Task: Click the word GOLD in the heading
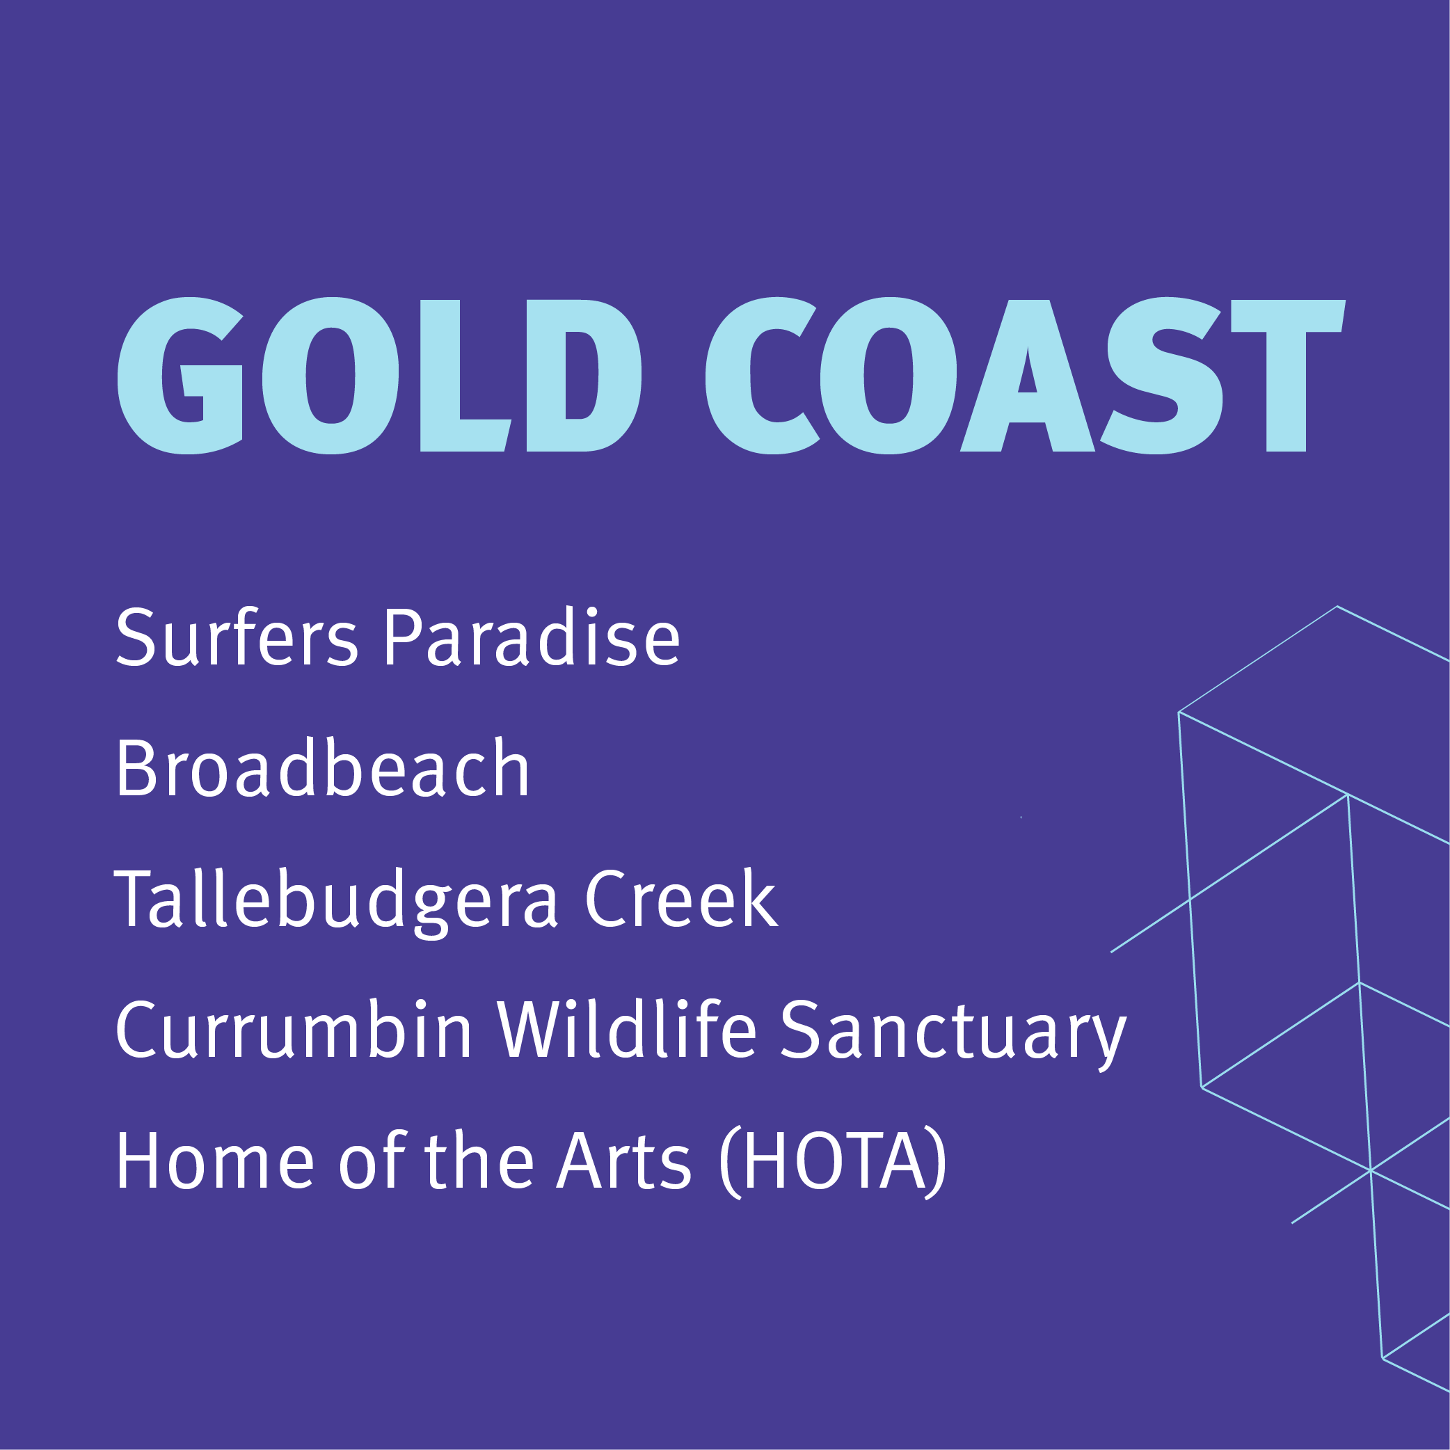tap(379, 375)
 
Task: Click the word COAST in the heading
tap(1025, 375)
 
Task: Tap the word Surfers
tap(237, 637)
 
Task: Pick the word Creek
tap(680, 898)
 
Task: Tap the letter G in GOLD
tap(180, 375)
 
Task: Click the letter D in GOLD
tap(584, 375)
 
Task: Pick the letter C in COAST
tap(762, 375)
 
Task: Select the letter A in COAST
tap(1028, 375)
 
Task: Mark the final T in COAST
tap(1288, 375)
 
